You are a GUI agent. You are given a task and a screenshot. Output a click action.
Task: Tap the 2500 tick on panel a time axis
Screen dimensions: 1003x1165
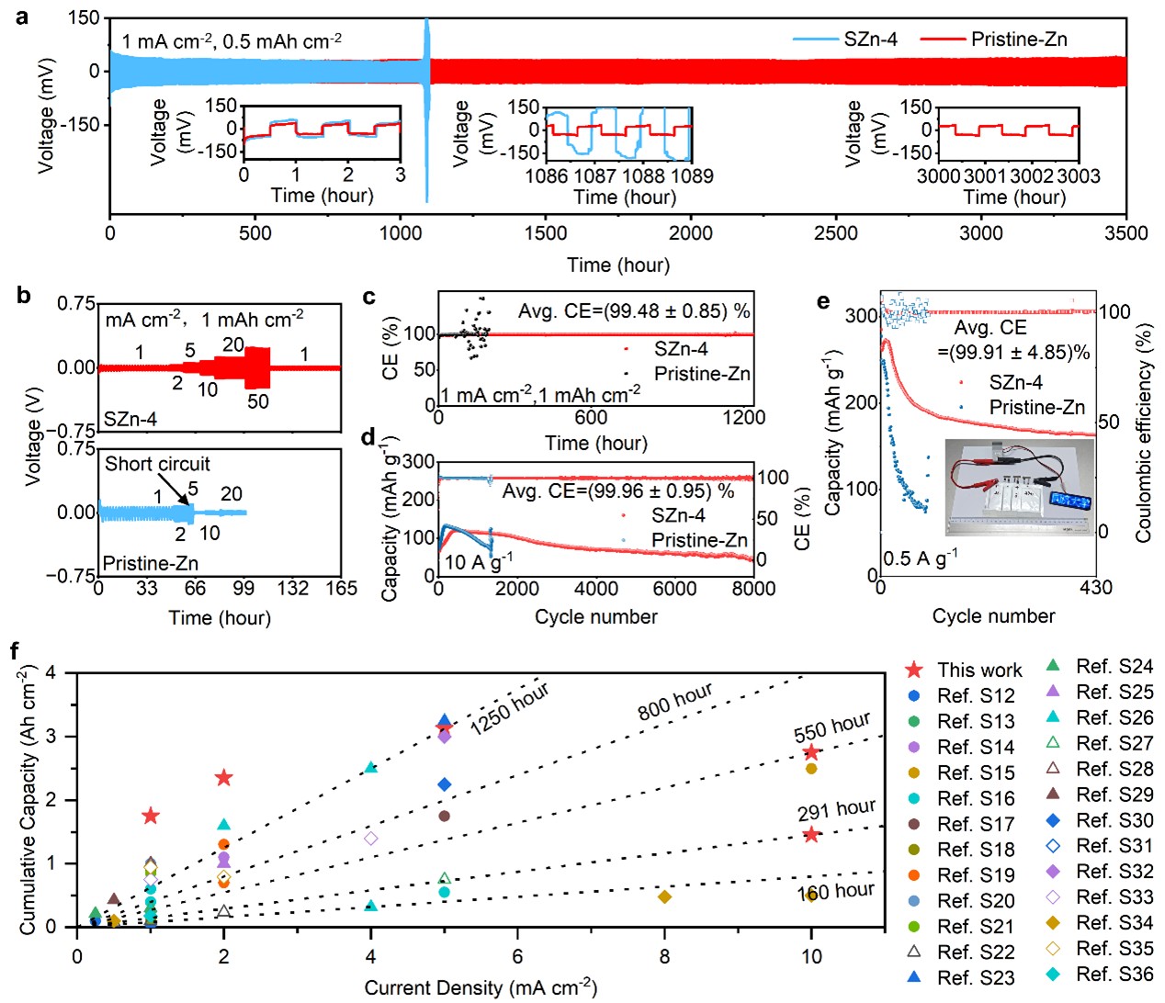pos(835,233)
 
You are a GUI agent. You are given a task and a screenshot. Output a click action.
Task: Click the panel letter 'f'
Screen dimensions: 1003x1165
pos(15,651)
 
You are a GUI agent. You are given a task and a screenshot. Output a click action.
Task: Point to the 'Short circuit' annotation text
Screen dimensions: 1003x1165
pos(157,464)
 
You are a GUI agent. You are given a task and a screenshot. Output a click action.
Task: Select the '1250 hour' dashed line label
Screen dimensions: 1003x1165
pos(509,708)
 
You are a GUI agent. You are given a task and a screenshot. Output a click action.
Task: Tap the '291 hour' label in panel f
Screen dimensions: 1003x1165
pos(836,810)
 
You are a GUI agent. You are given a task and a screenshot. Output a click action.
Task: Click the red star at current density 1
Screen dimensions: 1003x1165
pos(151,816)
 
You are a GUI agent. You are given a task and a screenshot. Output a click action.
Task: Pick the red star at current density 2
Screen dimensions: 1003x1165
pos(223,778)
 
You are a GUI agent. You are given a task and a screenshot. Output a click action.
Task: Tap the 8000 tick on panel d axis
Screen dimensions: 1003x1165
pos(753,589)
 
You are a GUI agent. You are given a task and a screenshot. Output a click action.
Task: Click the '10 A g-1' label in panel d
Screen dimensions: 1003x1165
pos(479,560)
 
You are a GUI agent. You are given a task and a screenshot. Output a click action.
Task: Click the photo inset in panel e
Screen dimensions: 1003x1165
pos(1020,487)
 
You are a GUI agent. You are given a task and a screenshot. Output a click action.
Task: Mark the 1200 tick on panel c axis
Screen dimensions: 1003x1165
pos(743,418)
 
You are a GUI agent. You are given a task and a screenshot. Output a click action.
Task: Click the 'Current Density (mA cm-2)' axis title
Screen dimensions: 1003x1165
pos(481,988)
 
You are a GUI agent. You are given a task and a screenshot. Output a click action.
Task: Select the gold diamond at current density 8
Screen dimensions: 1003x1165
pos(664,896)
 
